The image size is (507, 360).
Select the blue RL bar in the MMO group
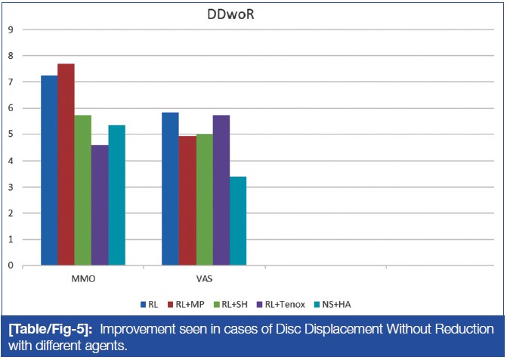pyautogui.click(x=49, y=170)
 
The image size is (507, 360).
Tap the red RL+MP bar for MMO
pyautogui.click(x=66, y=164)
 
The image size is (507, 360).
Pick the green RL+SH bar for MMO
pyautogui.click(x=82, y=190)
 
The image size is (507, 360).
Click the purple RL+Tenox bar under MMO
pyautogui.click(x=100, y=205)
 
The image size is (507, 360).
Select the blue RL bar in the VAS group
pyautogui.click(x=171, y=188)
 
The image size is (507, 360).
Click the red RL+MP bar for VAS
pyautogui.click(x=187, y=200)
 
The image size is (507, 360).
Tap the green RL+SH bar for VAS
pyautogui.click(x=204, y=200)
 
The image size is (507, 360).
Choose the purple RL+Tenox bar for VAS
pyautogui.click(x=221, y=190)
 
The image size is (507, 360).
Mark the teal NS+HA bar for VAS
pyautogui.click(x=237, y=221)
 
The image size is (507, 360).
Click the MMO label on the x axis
pyautogui.click(x=83, y=279)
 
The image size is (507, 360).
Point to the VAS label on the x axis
pyautogui.click(x=204, y=279)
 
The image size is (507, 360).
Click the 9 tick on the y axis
pyautogui.click(x=11, y=29)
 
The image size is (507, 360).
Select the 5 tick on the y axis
pyautogui.click(x=11, y=135)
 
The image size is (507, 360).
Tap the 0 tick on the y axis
pyautogui.click(x=11, y=265)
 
